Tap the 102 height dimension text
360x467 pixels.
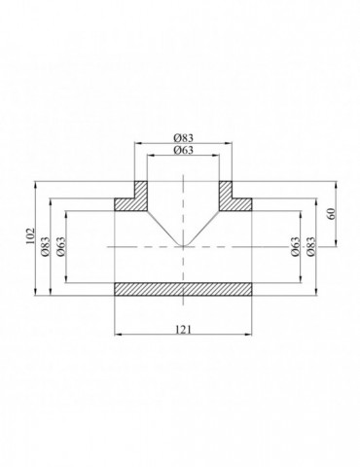click(x=30, y=237)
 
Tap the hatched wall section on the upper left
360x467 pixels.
click(x=130, y=197)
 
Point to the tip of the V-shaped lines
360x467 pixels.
click(x=182, y=247)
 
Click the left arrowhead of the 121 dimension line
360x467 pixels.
click(x=118, y=335)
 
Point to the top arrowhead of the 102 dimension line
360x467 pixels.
click(x=37, y=182)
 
